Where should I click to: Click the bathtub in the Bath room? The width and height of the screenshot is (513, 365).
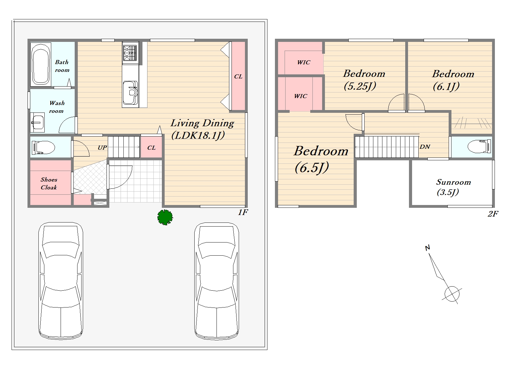pos(41,64)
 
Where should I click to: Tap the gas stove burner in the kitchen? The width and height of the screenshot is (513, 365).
pos(130,53)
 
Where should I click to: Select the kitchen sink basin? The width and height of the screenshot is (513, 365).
pos(130,92)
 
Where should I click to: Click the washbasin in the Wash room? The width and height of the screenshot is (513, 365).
pos(37,122)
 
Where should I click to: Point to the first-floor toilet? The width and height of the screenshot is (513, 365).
pos(43,147)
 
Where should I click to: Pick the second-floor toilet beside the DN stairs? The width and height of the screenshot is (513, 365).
pos(479,147)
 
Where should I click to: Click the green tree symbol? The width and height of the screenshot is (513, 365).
pos(165,217)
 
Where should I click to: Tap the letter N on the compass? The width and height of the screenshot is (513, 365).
pos(427,248)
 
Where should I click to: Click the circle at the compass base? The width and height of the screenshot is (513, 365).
pos(452,294)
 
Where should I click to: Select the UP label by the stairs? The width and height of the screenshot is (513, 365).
pos(102,148)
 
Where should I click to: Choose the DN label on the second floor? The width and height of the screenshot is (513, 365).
pos(425,147)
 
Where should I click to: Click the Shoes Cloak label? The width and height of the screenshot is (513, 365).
pos(49,183)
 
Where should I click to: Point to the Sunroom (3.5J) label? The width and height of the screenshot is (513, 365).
pos(453,187)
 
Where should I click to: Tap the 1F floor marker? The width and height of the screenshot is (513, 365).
pos(243,212)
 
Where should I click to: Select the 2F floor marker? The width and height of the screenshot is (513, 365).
pos(493,214)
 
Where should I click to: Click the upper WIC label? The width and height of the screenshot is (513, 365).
pos(304,62)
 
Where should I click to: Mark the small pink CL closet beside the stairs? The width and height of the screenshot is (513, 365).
pos(152,147)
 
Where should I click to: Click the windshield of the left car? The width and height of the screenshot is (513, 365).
pos(61,250)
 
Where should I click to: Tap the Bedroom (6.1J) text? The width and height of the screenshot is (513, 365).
pos(453,80)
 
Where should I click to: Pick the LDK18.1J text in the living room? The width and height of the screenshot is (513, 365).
pos(198,135)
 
